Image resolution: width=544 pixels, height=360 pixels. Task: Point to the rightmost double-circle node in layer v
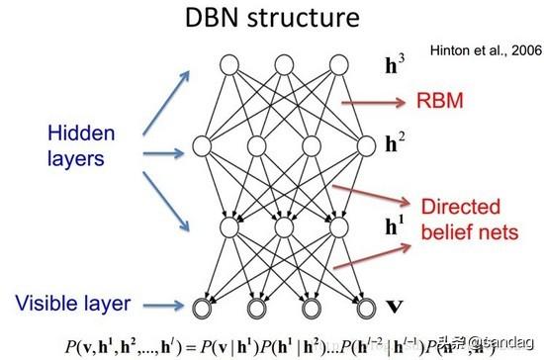click(366, 303)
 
